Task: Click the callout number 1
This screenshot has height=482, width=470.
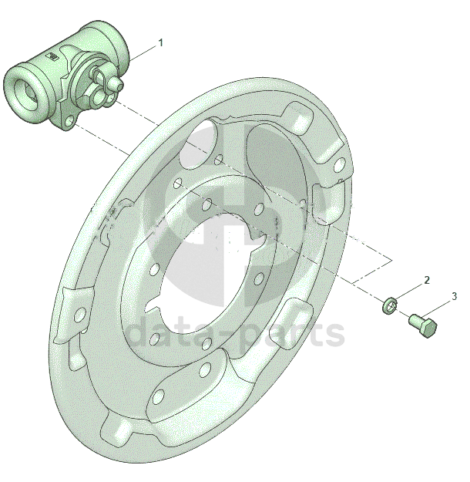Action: (160, 42)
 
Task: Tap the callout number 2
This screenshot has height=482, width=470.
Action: (426, 280)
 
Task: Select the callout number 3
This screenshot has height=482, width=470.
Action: (454, 296)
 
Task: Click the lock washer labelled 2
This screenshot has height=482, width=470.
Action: (389, 305)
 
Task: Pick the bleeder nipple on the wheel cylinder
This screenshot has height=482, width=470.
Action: (114, 82)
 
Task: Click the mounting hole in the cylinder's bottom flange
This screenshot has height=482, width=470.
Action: (70, 122)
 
